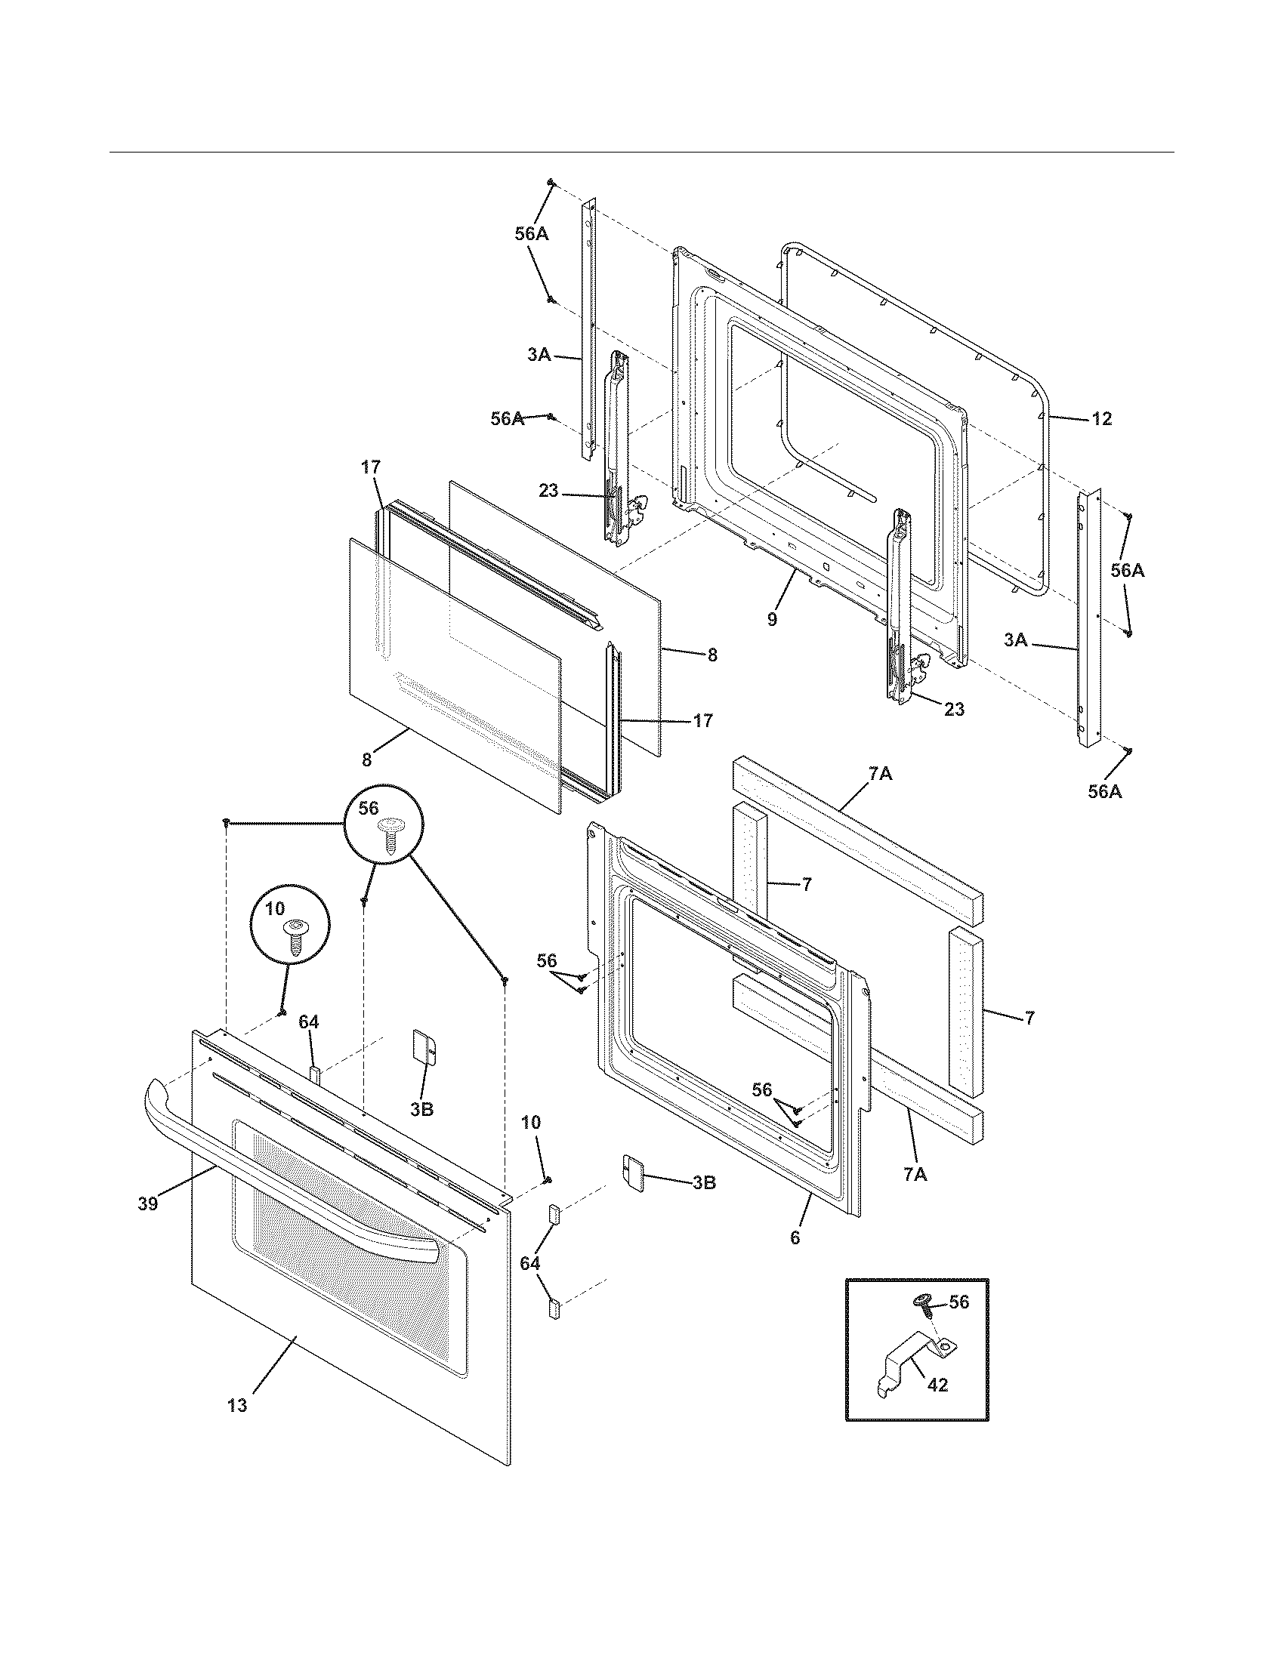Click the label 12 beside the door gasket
pyautogui.click(x=1102, y=418)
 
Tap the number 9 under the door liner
pyautogui.click(x=772, y=620)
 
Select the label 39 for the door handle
pyautogui.click(x=147, y=1203)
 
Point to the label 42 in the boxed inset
pyautogui.click(x=938, y=1385)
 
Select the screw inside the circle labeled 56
pyautogui.click(x=392, y=837)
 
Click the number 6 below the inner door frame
pyautogui.click(x=795, y=1237)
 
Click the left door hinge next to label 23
pyautogui.click(x=618, y=448)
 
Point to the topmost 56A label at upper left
pyautogui.click(x=531, y=233)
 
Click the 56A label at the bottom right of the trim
pyautogui.click(x=1104, y=791)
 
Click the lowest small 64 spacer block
pyautogui.click(x=554, y=1309)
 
